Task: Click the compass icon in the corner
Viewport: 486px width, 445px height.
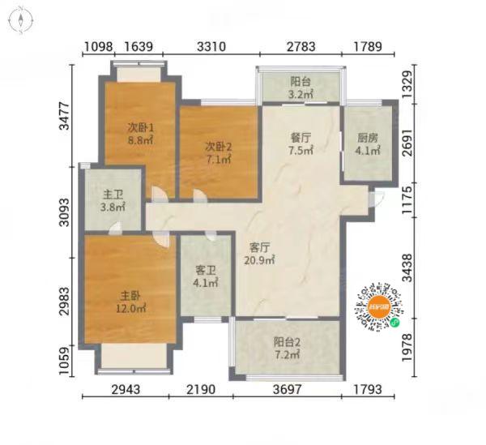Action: (21, 20)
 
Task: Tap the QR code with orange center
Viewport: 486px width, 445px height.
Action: (379, 307)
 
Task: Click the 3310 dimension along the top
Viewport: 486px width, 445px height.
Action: (211, 46)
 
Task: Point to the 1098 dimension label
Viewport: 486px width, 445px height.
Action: (98, 46)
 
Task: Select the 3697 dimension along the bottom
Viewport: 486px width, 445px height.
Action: (287, 389)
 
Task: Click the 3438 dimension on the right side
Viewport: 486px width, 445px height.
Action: (407, 268)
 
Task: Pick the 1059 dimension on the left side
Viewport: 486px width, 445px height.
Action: (64, 361)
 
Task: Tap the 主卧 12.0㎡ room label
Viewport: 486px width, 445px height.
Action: (130, 302)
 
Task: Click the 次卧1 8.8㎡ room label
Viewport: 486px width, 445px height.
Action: (140, 134)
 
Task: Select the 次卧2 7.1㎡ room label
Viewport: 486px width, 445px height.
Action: (219, 153)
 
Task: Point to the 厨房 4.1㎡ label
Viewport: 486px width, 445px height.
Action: (368, 144)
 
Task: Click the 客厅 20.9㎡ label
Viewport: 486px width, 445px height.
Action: (260, 254)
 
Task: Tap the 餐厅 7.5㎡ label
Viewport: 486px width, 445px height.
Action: (301, 143)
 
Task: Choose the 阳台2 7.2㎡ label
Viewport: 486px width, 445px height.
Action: (287, 348)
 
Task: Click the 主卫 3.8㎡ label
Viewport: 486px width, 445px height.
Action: (113, 201)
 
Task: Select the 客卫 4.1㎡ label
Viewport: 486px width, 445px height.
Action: (206, 276)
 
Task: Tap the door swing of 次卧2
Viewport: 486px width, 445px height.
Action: (200, 196)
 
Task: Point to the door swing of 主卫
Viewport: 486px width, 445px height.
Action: (115, 228)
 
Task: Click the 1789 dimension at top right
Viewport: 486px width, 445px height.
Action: (368, 46)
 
